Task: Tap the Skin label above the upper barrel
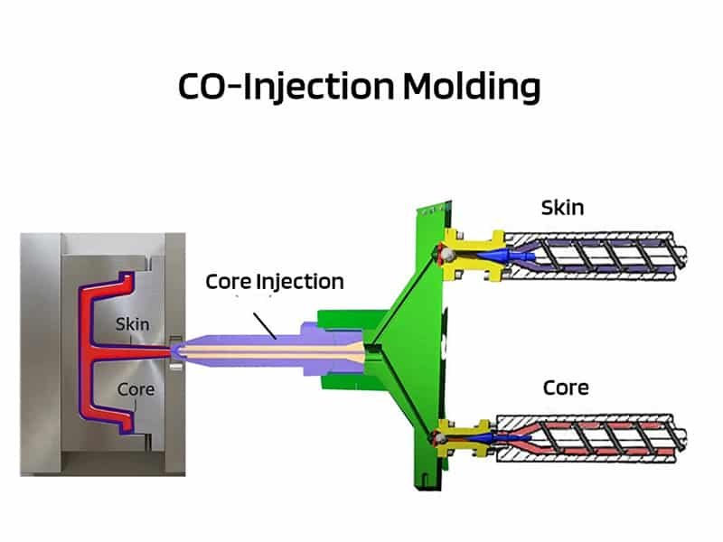point(562,208)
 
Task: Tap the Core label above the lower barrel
point(566,388)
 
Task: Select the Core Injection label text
point(275,282)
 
